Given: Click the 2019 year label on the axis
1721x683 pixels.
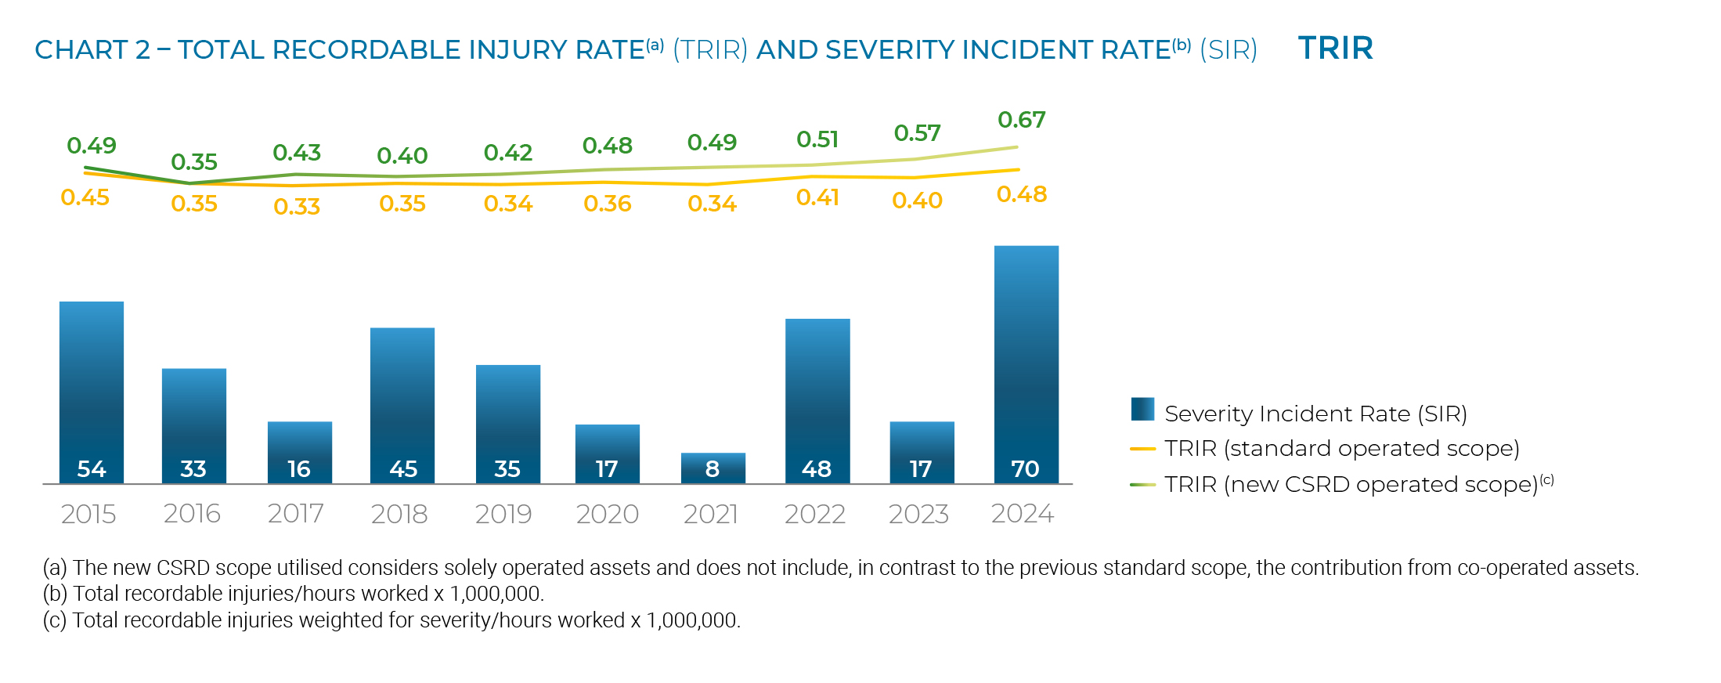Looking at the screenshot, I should (x=503, y=514).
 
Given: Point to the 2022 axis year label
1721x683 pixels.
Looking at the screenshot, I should (x=814, y=514).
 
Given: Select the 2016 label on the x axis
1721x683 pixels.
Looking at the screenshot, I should (x=192, y=514).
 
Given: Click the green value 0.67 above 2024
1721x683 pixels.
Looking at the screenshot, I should (x=1021, y=120).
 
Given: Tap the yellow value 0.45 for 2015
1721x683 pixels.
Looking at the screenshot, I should (x=85, y=197).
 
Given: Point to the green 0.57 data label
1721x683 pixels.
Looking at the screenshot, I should (x=917, y=133).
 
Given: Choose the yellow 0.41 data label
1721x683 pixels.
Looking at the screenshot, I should (x=817, y=197).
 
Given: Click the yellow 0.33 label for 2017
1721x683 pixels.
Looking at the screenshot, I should (x=297, y=207).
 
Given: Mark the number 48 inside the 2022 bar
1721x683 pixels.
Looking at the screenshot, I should (x=817, y=469).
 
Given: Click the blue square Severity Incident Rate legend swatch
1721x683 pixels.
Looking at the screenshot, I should (x=1142, y=410).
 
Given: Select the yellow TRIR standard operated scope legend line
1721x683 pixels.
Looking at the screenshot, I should (x=1142, y=449).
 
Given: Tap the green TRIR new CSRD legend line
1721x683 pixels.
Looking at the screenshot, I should (x=1142, y=485).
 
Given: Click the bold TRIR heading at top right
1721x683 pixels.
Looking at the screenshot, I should (x=1335, y=49).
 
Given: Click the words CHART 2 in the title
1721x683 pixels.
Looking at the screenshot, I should (x=92, y=50).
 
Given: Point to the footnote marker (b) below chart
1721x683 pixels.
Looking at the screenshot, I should (x=55, y=594).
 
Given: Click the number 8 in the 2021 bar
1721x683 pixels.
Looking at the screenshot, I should (x=712, y=469).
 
